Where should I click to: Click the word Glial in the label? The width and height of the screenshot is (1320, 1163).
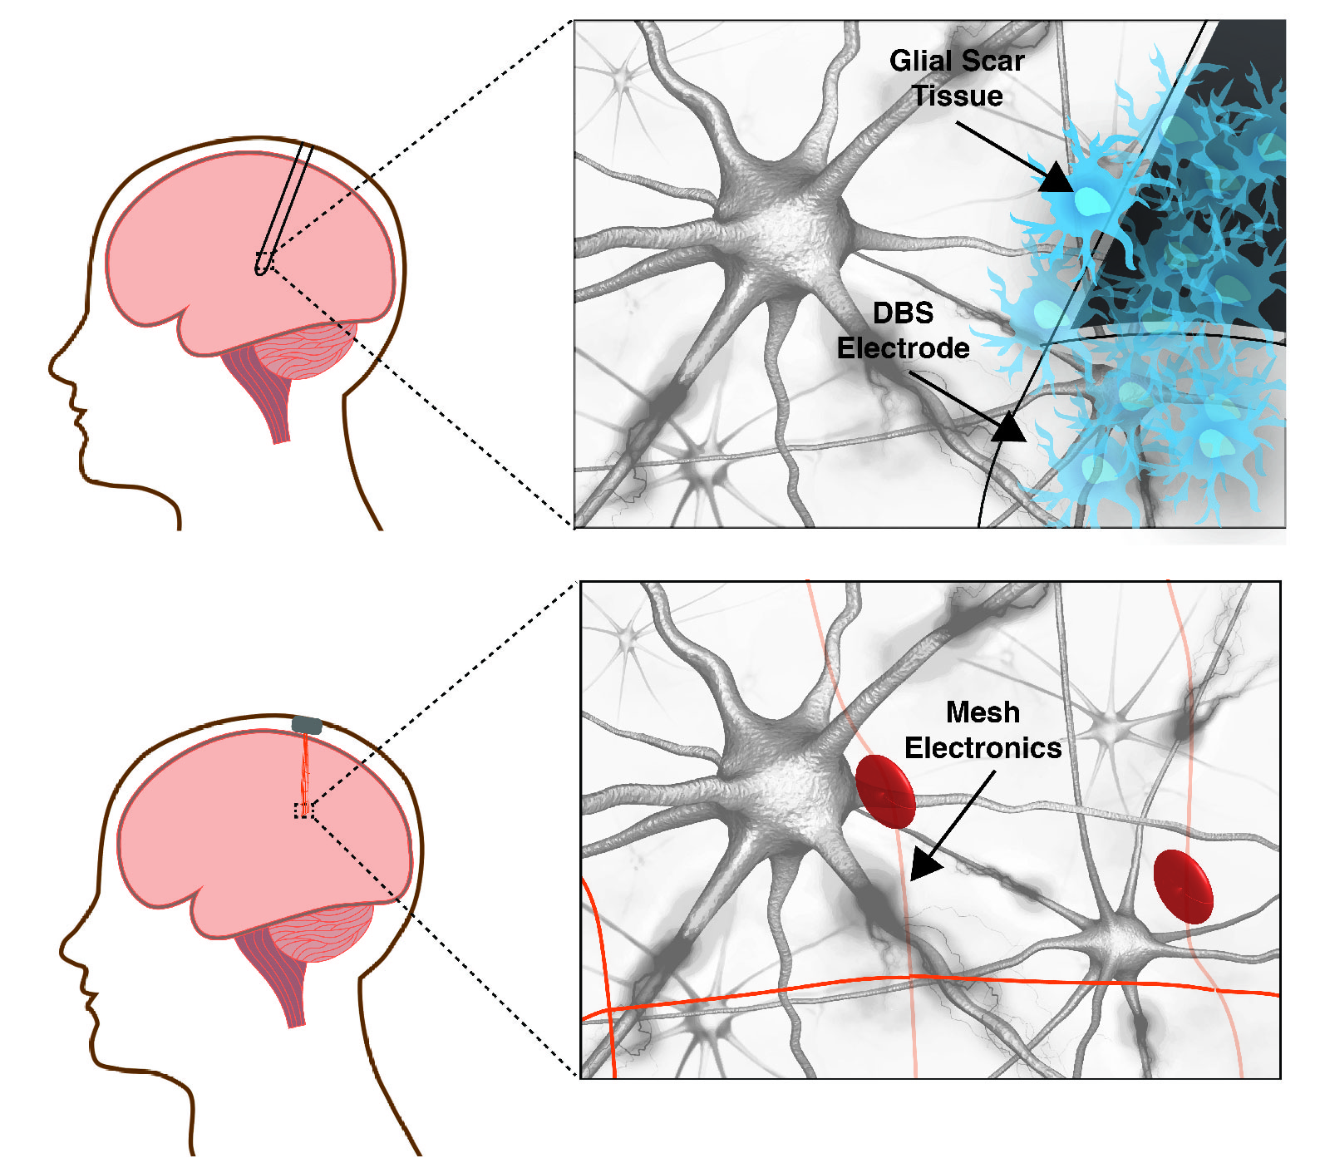pos(921,61)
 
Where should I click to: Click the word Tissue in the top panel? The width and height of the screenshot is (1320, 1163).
pos(958,96)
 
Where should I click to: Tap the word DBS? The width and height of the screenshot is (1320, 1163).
pos(903,313)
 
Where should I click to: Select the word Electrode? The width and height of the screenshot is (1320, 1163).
pos(903,348)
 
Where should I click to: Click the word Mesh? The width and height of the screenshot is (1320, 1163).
pos(983,712)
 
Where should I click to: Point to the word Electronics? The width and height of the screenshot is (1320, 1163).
pos(983,748)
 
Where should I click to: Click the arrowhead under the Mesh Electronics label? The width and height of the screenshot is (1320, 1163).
pos(924,865)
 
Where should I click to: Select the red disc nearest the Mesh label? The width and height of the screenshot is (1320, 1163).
pos(885,791)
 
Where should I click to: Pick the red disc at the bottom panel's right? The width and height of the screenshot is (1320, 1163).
pos(1183,886)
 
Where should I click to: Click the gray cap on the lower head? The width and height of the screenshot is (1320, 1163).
pos(307,725)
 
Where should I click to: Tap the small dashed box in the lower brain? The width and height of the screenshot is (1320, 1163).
pos(304,811)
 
